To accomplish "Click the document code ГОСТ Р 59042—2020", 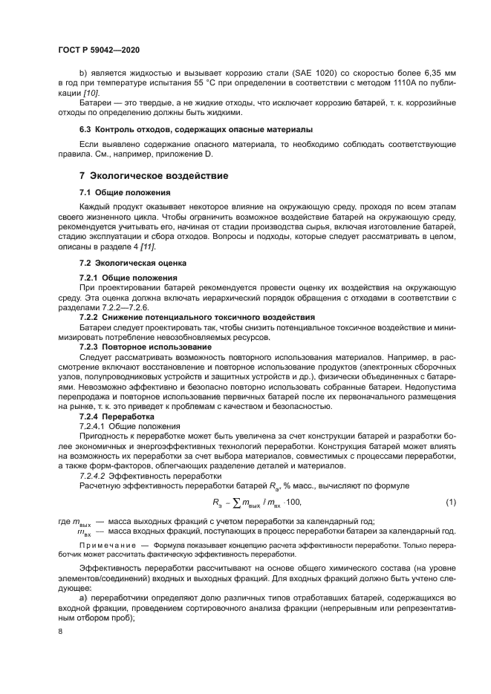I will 98,49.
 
